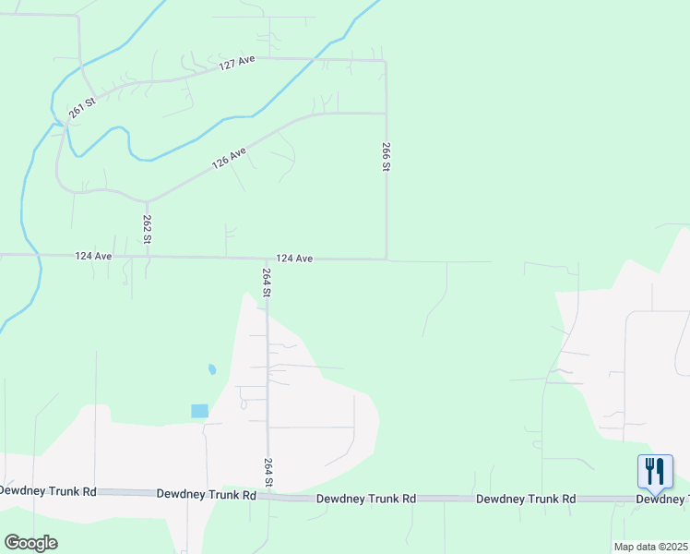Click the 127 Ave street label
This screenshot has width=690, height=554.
(x=236, y=63)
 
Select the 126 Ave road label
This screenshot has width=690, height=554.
(x=230, y=157)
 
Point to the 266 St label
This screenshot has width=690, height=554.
(x=387, y=156)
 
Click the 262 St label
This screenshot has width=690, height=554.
(x=148, y=229)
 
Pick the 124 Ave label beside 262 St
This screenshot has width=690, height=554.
(x=93, y=256)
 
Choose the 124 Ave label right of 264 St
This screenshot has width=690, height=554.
(x=294, y=259)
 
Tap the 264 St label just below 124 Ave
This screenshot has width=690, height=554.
(x=267, y=282)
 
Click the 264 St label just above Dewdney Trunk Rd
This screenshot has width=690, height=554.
(x=268, y=473)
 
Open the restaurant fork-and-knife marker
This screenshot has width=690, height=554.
(x=655, y=471)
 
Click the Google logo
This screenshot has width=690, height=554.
(x=30, y=543)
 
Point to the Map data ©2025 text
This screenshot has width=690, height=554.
(x=650, y=547)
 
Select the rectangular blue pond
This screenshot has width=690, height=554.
(x=199, y=411)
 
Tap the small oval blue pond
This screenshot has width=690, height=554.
(x=212, y=369)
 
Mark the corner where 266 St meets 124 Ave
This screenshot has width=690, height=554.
(x=386, y=259)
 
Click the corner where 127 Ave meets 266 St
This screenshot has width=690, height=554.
(x=385, y=61)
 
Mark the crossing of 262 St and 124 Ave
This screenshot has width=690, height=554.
(x=147, y=256)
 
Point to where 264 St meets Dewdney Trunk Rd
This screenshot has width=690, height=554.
(x=268, y=496)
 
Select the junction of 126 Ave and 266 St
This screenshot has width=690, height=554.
(x=386, y=114)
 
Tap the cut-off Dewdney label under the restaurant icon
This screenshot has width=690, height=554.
(x=662, y=499)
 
